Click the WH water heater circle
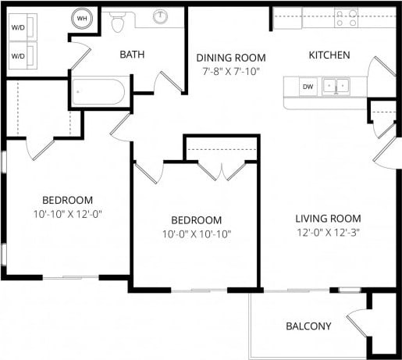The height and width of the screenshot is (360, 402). [x=82, y=18]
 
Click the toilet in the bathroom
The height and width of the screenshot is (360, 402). [x=118, y=23]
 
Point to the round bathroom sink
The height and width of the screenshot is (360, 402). [x=162, y=16]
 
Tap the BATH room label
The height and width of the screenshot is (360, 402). [x=133, y=55]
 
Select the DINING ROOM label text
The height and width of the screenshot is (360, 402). [x=230, y=58]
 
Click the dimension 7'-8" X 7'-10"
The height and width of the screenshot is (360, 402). [x=230, y=71]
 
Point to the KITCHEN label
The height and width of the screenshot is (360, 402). [x=329, y=55]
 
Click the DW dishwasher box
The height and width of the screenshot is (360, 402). [x=308, y=86]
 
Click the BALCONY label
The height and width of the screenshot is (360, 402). [x=308, y=326]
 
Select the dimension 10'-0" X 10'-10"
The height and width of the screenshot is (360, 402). [x=196, y=233]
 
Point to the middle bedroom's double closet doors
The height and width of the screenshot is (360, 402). [x=222, y=171]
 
